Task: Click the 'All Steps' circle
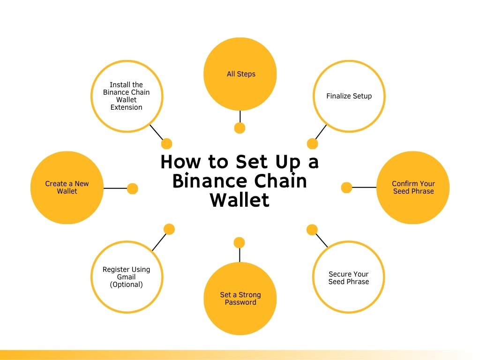click(x=240, y=74)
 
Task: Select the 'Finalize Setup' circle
click(x=349, y=96)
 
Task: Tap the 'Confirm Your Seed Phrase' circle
click(x=413, y=187)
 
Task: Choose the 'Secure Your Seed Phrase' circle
click(x=348, y=277)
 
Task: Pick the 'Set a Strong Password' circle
click(x=240, y=299)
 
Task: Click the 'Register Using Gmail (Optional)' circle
click(x=126, y=277)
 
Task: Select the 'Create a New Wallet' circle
click(x=67, y=187)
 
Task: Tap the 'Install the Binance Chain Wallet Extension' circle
click(x=127, y=96)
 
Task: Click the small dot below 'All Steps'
click(x=240, y=128)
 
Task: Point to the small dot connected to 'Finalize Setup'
click(x=312, y=144)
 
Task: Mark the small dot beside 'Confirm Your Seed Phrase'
click(x=346, y=187)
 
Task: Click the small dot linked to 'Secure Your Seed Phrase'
click(x=312, y=230)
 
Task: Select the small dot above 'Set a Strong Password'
click(x=239, y=242)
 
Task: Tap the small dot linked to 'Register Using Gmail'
click(x=169, y=229)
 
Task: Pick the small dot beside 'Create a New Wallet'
click(x=133, y=188)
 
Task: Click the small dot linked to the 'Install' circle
click(x=166, y=144)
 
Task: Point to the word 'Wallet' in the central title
click(x=240, y=200)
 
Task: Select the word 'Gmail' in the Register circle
click(x=126, y=277)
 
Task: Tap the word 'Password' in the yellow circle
click(x=240, y=302)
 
